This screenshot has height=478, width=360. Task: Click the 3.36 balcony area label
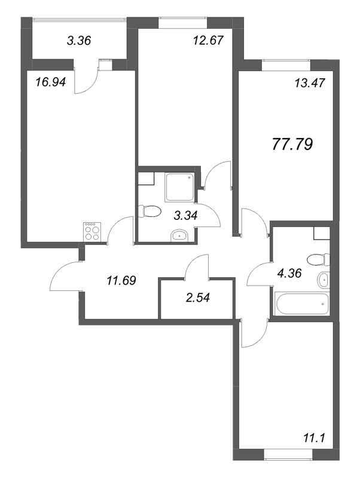(x=79, y=40)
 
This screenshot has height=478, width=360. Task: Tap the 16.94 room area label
(x=51, y=82)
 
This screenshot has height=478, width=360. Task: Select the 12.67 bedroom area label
(x=209, y=40)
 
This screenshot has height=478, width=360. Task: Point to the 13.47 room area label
(x=310, y=83)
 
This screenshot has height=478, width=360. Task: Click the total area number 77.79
(x=292, y=144)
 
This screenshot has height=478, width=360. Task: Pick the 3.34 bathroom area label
(x=185, y=216)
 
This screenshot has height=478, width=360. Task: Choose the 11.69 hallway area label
(x=121, y=280)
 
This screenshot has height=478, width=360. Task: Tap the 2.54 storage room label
(x=198, y=297)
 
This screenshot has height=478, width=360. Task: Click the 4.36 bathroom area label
(x=289, y=273)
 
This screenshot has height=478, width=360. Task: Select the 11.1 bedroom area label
(x=313, y=439)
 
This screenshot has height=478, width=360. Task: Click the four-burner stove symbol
(x=92, y=232)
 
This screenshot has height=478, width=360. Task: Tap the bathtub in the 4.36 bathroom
(x=303, y=304)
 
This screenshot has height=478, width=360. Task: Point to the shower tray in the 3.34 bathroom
(x=179, y=187)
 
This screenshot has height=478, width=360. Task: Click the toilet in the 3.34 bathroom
(x=149, y=211)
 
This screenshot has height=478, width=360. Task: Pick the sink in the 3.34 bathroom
(x=179, y=235)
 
